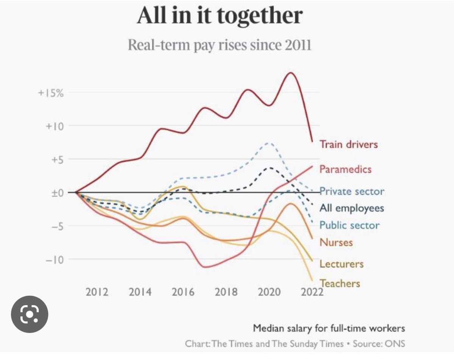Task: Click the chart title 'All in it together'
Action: (x=219, y=16)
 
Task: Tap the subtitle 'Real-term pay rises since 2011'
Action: (x=219, y=45)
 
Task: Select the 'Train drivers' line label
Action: (x=348, y=144)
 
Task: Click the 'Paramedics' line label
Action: (x=345, y=169)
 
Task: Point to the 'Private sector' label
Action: (x=352, y=191)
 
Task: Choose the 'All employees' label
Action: (x=351, y=208)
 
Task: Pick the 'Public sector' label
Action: (x=349, y=225)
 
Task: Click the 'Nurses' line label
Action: (x=336, y=242)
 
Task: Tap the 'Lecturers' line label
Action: (x=341, y=264)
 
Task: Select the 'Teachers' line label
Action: (x=340, y=283)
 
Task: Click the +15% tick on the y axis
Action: (x=51, y=93)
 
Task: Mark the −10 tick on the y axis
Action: (x=53, y=259)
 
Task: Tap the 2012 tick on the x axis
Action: (x=97, y=292)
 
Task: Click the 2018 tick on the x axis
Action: (x=226, y=292)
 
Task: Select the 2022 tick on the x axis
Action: (x=311, y=292)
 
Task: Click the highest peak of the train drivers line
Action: (x=291, y=73)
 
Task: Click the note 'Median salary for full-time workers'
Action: (x=329, y=328)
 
